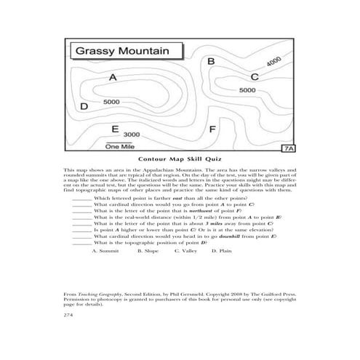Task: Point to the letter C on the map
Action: (254, 76)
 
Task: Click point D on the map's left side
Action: (84, 106)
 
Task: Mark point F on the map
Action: (212, 129)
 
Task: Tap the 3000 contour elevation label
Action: (132, 135)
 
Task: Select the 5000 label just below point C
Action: (247, 89)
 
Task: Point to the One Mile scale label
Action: (120, 146)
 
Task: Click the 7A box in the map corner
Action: (288, 148)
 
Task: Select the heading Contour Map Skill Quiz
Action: (180, 159)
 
